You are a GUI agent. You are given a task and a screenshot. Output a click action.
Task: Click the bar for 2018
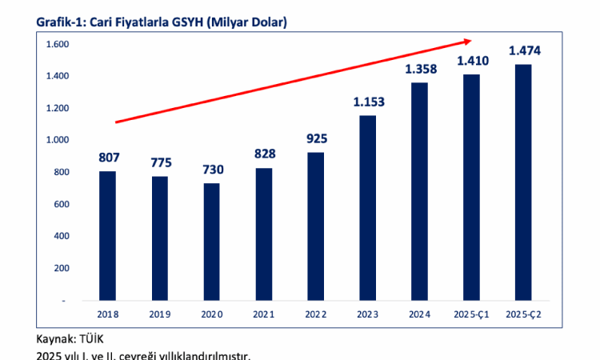coord(107,236)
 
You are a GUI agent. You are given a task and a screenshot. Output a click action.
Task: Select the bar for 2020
coord(211,242)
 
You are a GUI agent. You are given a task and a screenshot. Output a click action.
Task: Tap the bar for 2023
coord(367,208)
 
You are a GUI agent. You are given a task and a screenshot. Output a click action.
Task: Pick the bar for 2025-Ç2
coord(523,182)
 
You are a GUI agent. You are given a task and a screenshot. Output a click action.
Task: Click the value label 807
coord(107,158)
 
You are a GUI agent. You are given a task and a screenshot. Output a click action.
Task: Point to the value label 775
coord(159,163)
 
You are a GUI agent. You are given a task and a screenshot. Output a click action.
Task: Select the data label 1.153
coord(368,102)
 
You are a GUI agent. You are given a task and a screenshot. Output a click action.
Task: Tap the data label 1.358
coord(420,70)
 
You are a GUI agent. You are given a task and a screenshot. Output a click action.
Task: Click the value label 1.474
coord(524,51)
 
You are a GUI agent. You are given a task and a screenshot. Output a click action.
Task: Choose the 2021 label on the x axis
coord(263,315)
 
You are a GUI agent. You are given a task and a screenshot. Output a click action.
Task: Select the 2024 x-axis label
coord(419,315)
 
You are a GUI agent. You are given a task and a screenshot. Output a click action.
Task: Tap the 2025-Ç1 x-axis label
coord(471,315)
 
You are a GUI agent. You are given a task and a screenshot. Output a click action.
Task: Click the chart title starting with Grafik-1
coord(161,22)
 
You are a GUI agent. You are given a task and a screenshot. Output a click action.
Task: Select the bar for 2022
coord(315,226)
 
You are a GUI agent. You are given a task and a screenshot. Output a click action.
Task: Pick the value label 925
coord(316,138)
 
